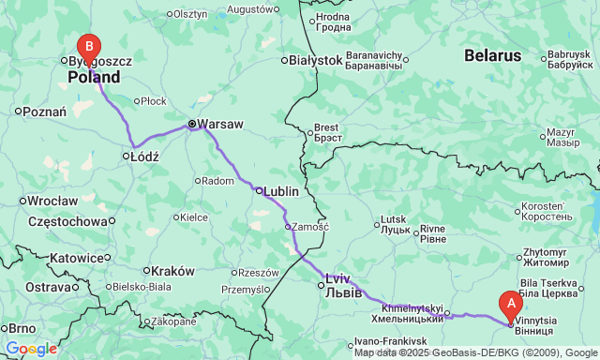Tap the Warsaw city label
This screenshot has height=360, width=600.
pyautogui.click(x=220, y=124)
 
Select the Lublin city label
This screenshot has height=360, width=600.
pyautogui.click(x=281, y=190)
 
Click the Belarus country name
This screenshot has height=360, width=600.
pyautogui.click(x=491, y=56)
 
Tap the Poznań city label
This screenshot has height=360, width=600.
pyautogui.click(x=45, y=111)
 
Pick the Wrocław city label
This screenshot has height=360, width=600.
pyautogui.click(x=52, y=201)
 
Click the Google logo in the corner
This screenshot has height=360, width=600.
pyautogui.click(x=30, y=349)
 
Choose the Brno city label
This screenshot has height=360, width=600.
pyautogui.click(x=22, y=328)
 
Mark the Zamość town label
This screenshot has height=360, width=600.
pyautogui.click(x=309, y=226)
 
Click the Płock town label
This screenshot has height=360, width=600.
pyautogui.click(x=154, y=100)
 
